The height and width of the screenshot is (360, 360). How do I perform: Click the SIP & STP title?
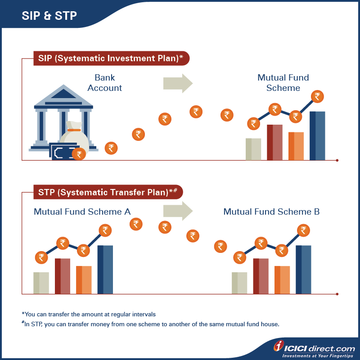(49, 15)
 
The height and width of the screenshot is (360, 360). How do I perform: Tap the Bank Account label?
(105, 83)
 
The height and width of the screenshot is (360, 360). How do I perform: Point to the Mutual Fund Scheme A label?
(82, 211)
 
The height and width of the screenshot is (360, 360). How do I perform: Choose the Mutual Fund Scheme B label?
(271, 211)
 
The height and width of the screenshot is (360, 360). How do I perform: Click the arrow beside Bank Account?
(178, 83)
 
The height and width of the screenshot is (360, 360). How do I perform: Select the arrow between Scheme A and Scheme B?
(178, 211)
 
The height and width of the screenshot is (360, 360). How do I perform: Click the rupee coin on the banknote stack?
(79, 154)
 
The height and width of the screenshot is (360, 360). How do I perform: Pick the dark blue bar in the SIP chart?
(317, 135)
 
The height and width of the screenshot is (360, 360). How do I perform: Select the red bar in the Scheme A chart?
(63, 276)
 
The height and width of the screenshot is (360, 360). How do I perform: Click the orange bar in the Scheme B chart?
(282, 279)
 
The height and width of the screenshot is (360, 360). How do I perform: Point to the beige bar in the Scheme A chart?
(41, 283)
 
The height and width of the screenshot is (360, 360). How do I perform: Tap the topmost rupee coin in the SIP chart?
(318, 96)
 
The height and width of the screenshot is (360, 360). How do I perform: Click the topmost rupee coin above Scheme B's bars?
(304, 231)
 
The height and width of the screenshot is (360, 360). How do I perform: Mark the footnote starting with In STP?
(150, 324)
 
